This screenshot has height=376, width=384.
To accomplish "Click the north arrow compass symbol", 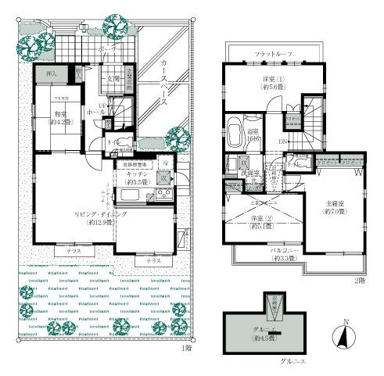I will (341, 338).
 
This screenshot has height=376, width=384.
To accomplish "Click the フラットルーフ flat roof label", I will (271, 54).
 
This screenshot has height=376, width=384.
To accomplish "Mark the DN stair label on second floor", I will (283, 142).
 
